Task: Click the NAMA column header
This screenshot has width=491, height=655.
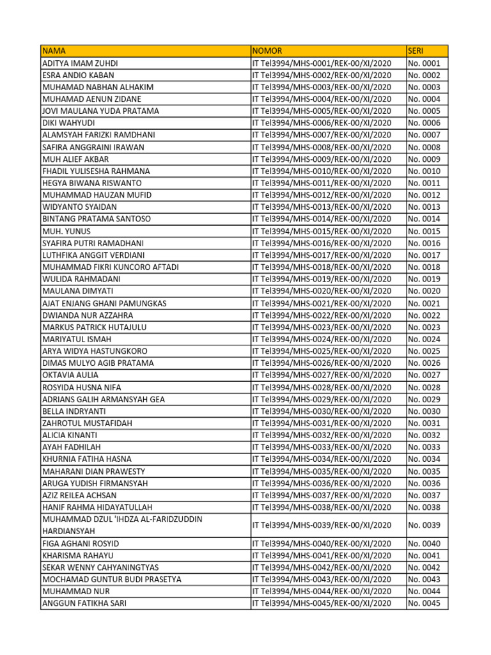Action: [54, 51]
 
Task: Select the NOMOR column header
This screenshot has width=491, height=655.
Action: [267, 51]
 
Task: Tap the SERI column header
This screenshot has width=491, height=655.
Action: [416, 51]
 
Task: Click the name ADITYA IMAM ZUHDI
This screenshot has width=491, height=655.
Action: [80, 63]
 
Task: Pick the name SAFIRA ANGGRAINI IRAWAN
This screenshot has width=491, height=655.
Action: [93, 147]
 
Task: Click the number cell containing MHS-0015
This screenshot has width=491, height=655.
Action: [322, 231]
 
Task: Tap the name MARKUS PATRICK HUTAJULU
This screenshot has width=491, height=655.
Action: [94, 327]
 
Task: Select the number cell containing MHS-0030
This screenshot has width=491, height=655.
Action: [322, 411]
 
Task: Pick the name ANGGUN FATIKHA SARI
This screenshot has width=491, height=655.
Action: [84, 603]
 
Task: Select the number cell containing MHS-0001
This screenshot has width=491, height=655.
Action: [322, 63]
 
